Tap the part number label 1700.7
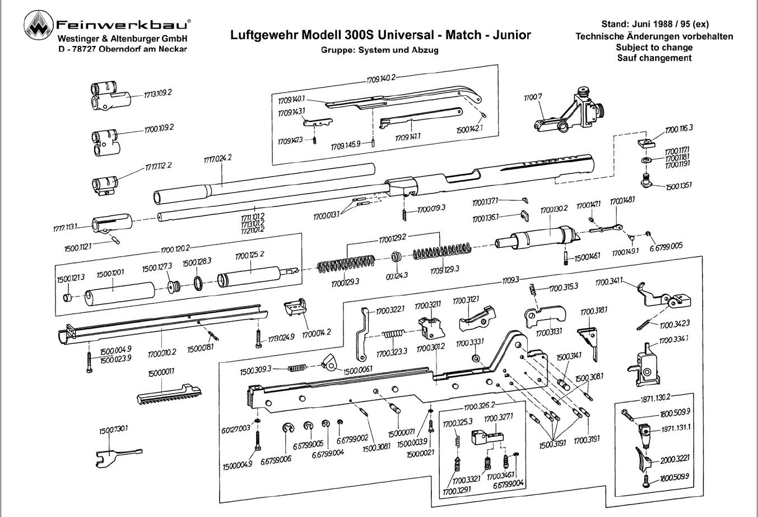click(533, 98)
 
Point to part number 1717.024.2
click(217, 159)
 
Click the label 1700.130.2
click(554, 209)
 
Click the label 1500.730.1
click(114, 428)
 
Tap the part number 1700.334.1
click(673, 339)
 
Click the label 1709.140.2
click(382, 77)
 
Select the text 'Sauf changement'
click(654, 58)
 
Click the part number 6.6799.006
click(276, 459)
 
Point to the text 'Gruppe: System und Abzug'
click(379, 50)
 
